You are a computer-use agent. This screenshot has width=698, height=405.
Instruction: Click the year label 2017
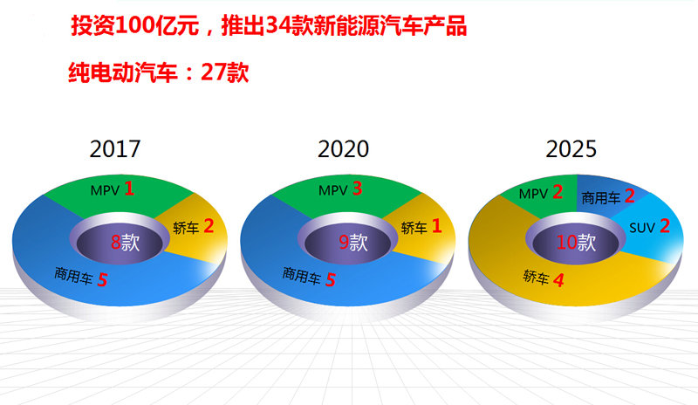pos(115,148)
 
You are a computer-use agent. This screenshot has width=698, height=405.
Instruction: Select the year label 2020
pos(343,148)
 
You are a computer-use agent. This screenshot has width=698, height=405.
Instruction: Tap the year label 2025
pos(571,148)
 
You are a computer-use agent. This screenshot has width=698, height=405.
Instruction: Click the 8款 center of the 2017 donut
pos(125,243)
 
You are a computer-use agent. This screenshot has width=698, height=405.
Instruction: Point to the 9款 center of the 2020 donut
pos(353,243)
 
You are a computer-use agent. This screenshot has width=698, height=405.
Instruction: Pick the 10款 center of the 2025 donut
pos(576,243)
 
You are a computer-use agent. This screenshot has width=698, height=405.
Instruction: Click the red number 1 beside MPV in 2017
pos(129,189)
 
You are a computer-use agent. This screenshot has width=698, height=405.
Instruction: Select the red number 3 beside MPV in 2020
pos(358,189)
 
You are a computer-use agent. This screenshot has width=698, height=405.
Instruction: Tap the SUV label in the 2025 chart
pos(642,228)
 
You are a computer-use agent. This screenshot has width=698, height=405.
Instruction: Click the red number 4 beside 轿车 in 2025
pos(558,280)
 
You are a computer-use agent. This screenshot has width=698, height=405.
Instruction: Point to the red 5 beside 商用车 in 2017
pos(102,280)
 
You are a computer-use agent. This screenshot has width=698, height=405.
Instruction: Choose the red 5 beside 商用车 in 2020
pos(331,280)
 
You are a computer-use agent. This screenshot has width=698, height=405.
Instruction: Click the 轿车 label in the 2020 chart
pos(414,228)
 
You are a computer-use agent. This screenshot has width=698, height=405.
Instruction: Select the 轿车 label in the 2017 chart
pos(186,228)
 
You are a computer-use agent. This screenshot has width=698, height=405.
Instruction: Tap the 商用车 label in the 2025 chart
pos(601,198)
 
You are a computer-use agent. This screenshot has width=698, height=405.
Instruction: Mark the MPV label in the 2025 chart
pos(533,194)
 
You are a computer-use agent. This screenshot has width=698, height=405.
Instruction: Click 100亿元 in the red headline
pos(157,25)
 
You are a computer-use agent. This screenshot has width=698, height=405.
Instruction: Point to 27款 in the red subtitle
pos(225,72)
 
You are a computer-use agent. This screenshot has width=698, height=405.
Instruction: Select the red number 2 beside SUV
pos(665,226)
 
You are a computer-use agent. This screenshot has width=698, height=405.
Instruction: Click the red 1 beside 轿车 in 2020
pos(437,226)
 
